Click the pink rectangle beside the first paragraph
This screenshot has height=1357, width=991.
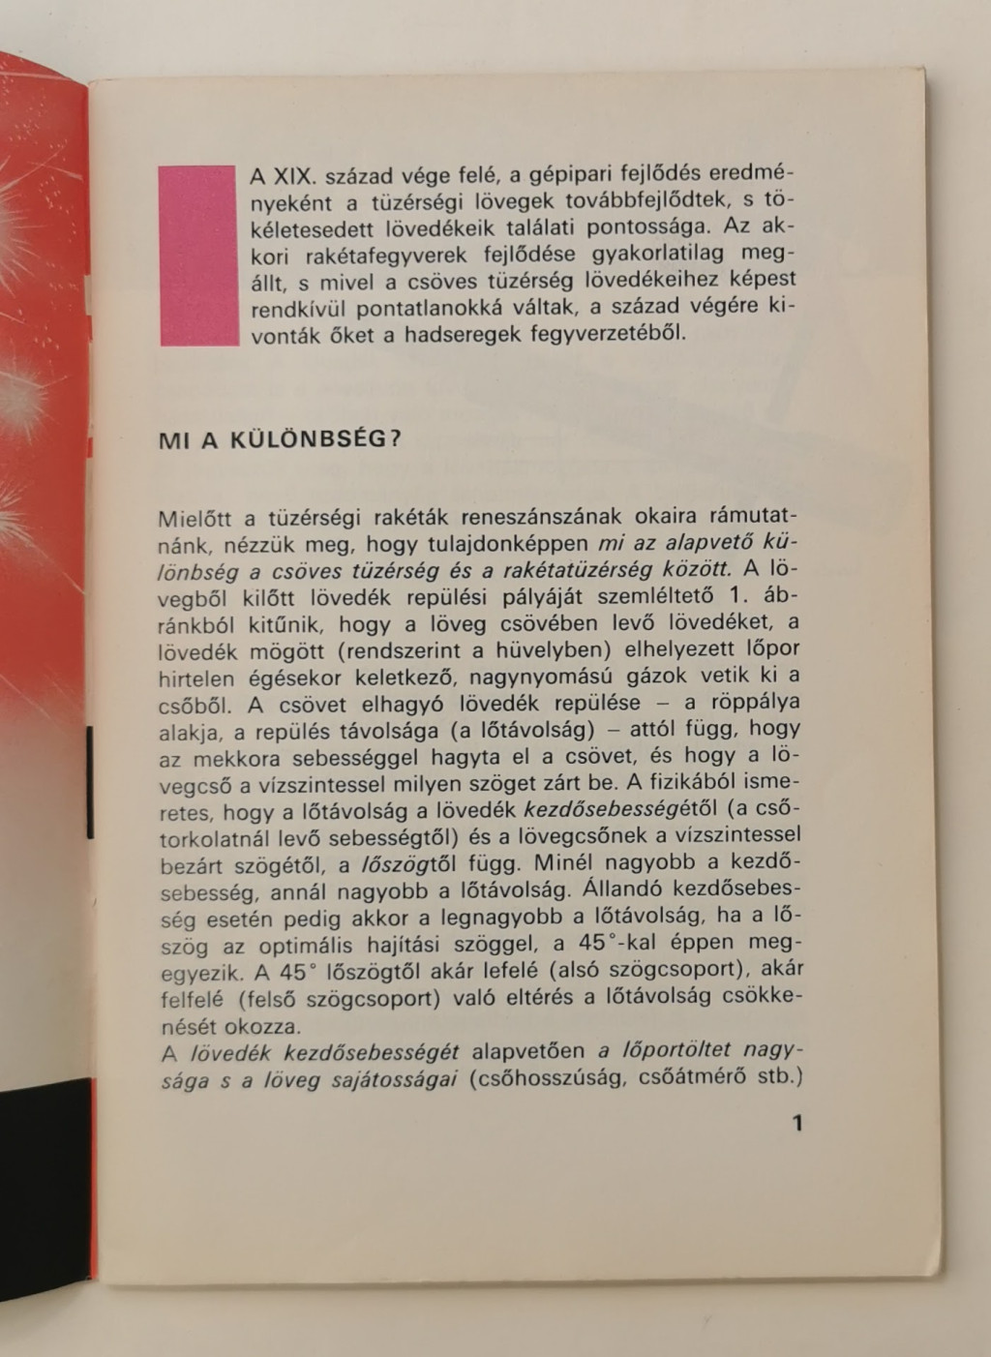(197, 256)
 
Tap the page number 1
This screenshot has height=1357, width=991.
(797, 1123)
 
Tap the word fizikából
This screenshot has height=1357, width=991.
(693, 781)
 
